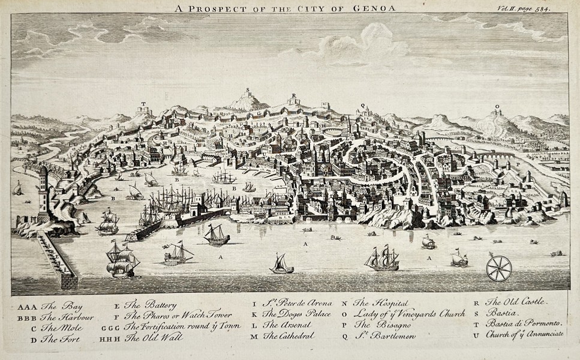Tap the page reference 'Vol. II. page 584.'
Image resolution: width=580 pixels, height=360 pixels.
click(524, 8)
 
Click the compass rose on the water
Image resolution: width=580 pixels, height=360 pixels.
click(499, 268)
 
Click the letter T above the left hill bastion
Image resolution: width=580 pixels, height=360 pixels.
click(143, 103)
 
